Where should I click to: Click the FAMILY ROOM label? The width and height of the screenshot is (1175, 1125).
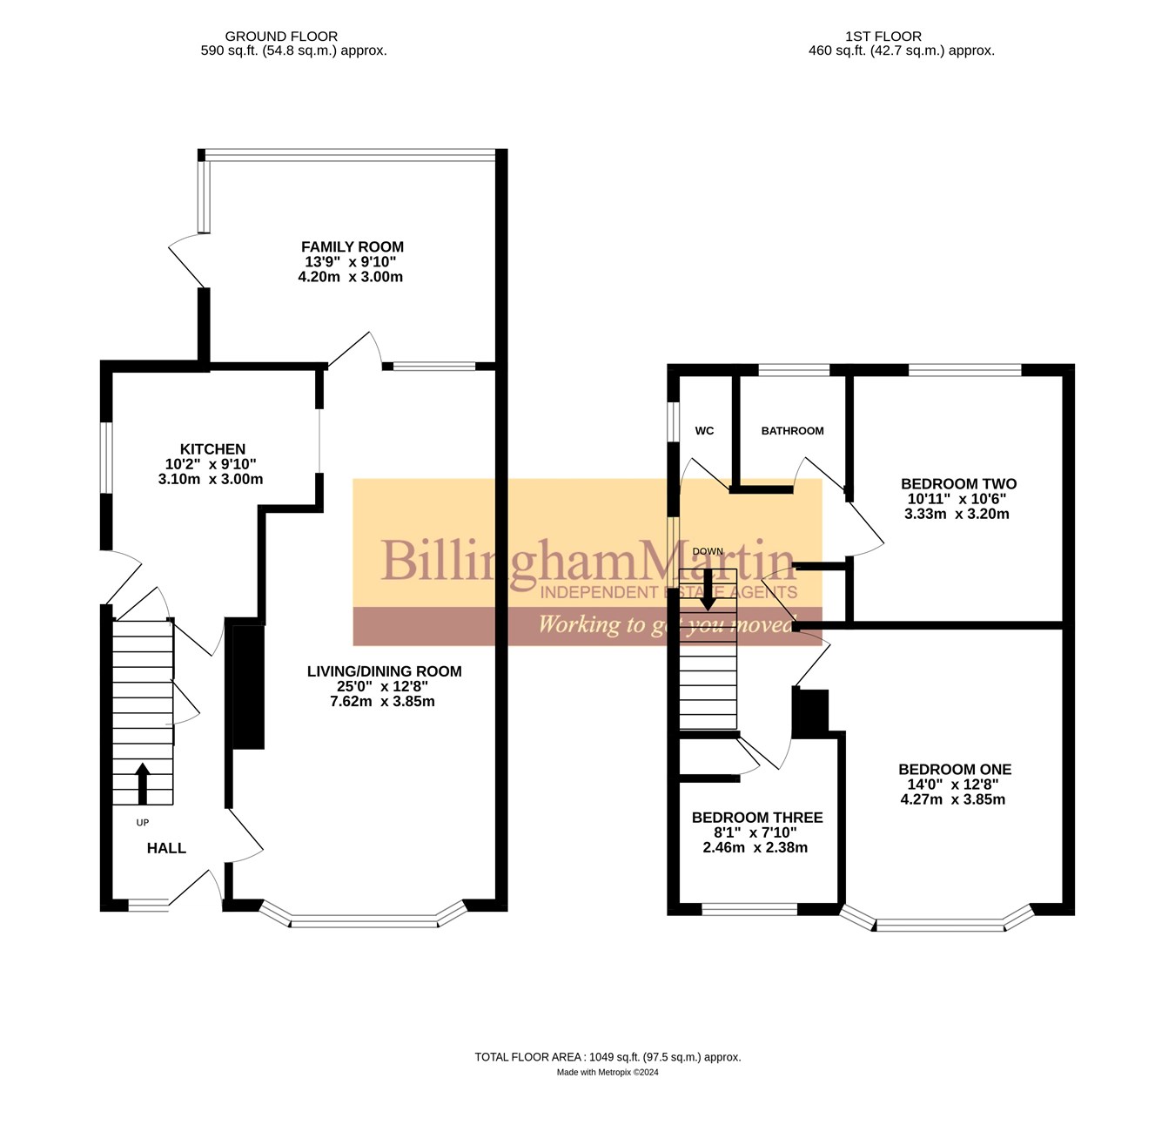pyautogui.click(x=352, y=247)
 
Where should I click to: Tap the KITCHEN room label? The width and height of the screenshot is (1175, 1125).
pyautogui.click(x=212, y=449)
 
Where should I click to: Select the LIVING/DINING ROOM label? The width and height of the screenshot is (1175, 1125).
pyautogui.click(x=384, y=671)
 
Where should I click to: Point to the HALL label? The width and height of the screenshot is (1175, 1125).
pyautogui.click(x=166, y=848)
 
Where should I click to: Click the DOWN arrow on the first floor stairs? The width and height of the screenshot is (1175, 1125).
pyautogui.click(x=708, y=590)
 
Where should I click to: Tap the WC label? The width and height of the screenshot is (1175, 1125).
pyautogui.click(x=704, y=431)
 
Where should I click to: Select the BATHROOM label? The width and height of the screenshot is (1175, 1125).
pyautogui.click(x=792, y=431)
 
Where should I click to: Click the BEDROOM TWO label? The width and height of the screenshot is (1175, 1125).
pyautogui.click(x=958, y=484)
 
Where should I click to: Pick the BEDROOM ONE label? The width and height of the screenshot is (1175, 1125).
pyautogui.click(x=955, y=770)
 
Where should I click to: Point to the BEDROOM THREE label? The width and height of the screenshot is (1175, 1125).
pyautogui.click(x=757, y=818)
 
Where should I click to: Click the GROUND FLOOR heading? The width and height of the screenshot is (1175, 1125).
pyautogui.click(x=281, y=37)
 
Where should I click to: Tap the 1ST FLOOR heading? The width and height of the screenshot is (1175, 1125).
pyautogui.click(x=883, y=37)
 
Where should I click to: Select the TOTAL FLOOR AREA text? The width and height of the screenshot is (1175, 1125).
pyautogui.click(x=608, y=1057)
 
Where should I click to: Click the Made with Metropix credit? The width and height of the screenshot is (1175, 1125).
pyautogui.click(x=608, y=1073)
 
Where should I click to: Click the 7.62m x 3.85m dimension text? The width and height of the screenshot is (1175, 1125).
pyautogui.click(x=382, y=702)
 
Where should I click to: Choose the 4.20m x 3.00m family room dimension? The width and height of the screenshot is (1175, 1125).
pyautogui.click(x=350, y=278)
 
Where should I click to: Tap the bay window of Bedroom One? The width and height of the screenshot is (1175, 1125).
pyautogui.click(x=940, y=924)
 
